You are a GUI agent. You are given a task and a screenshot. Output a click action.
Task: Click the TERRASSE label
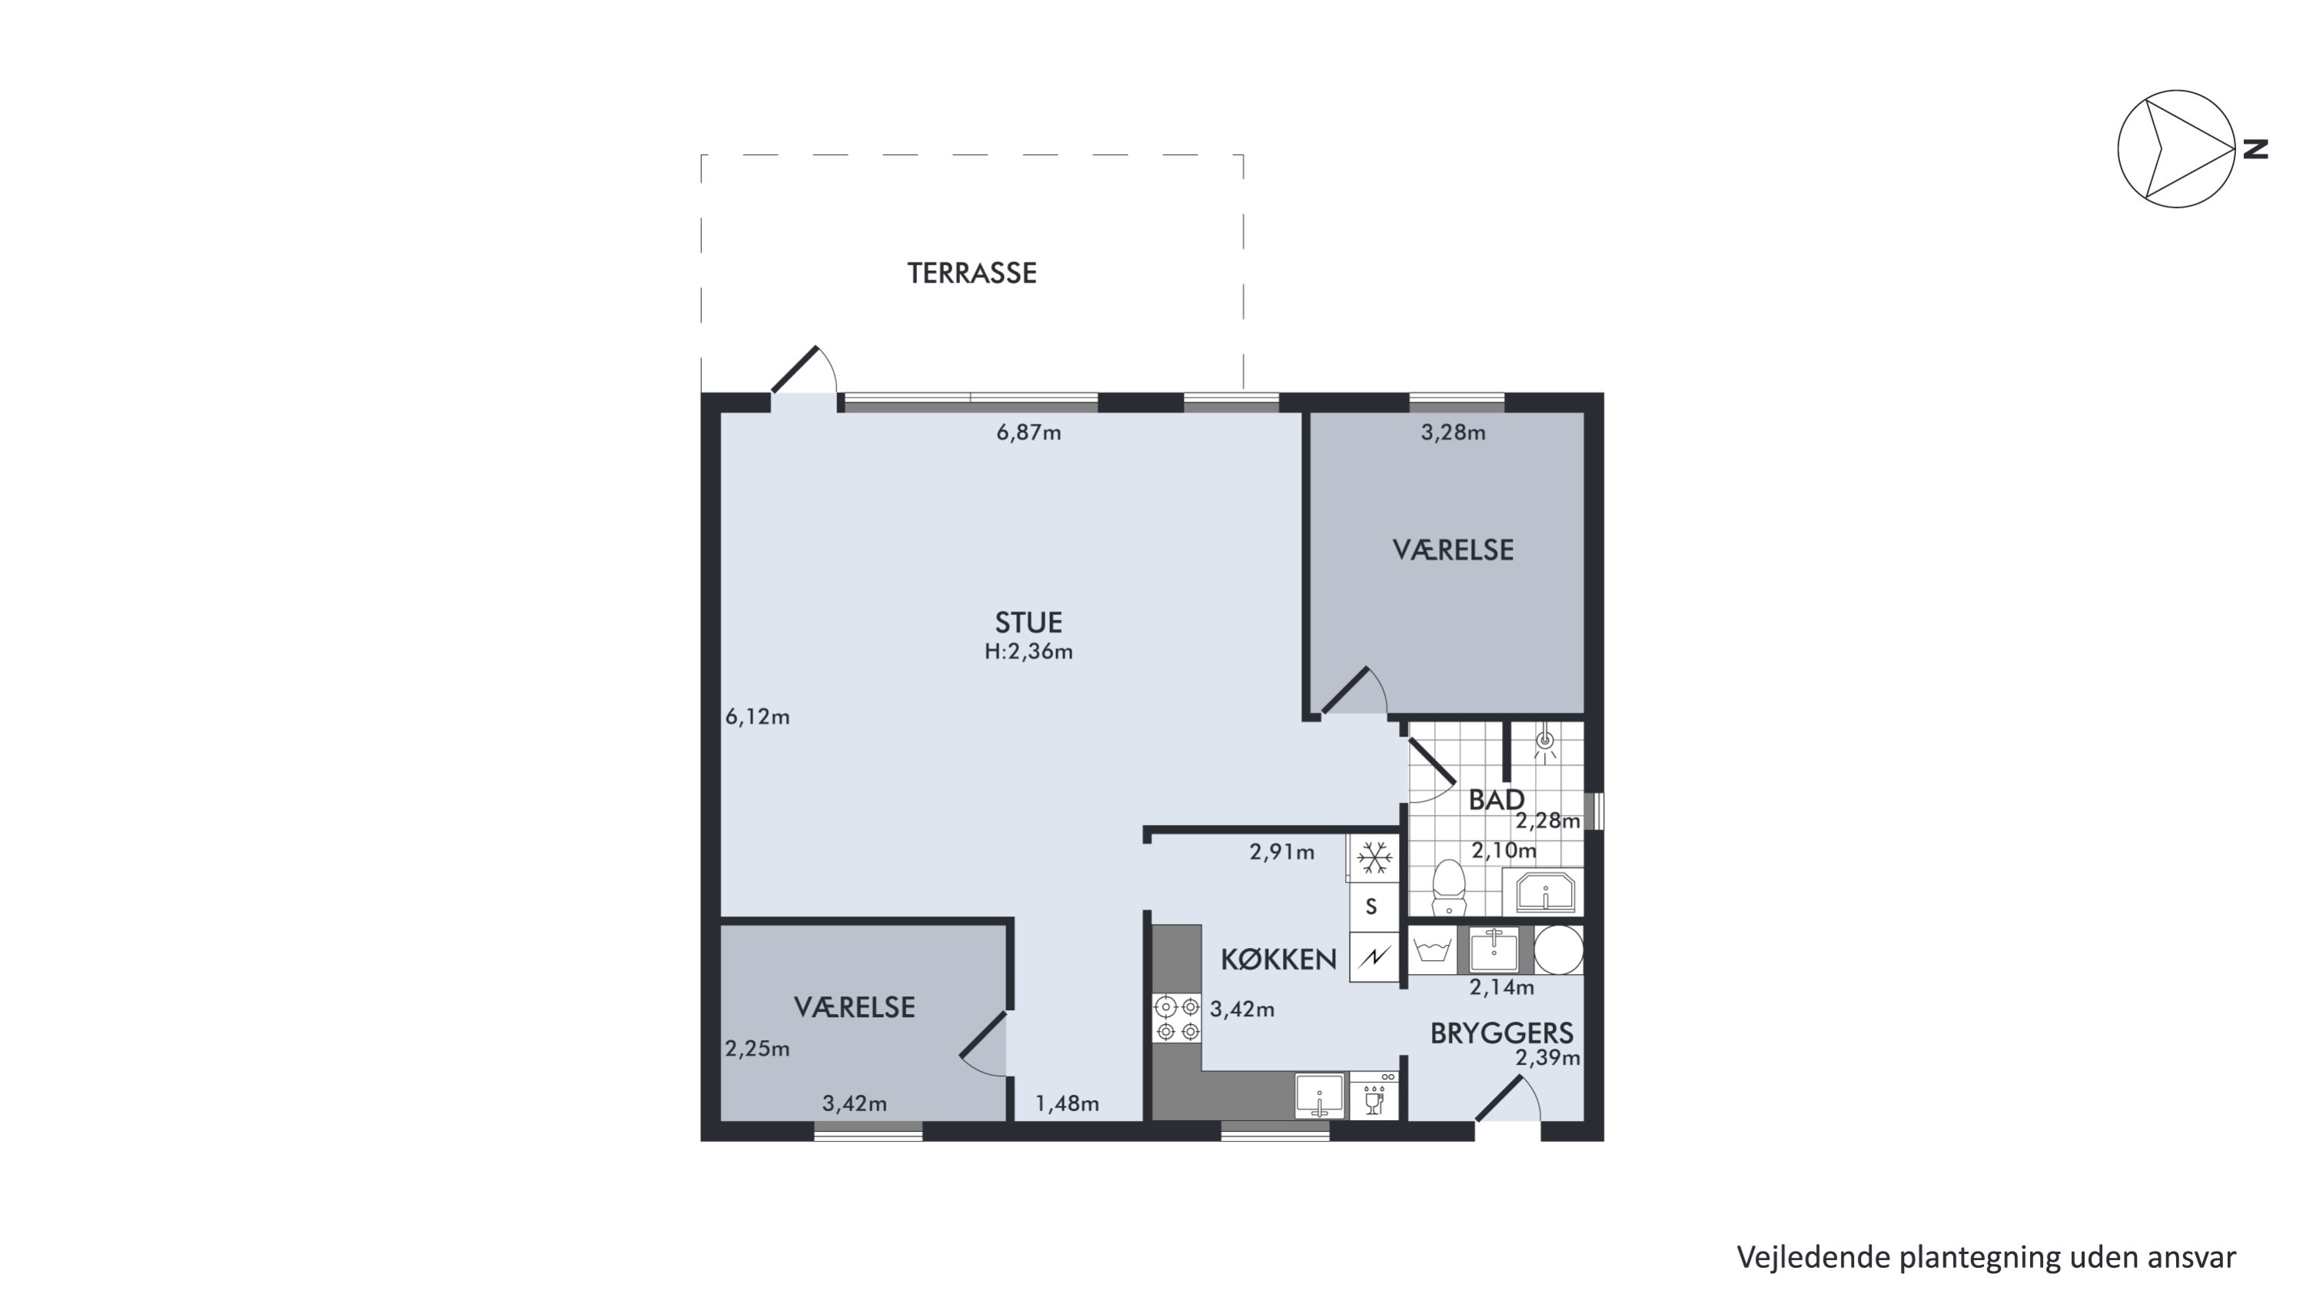click(972, 273)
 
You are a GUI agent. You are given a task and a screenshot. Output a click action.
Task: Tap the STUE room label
click(1028, 622)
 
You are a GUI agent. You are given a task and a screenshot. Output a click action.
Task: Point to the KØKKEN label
click(1278, 959)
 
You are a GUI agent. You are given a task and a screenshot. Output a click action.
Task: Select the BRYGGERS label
click(1501, 1034)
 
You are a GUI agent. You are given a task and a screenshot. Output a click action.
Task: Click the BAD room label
click(1496, 800)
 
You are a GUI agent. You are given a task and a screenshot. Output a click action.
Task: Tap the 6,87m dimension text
click(1028, 433)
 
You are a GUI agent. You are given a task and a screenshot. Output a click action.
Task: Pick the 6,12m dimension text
click(757, 717)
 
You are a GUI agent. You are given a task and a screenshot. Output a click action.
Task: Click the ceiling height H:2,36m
click(1028, 652)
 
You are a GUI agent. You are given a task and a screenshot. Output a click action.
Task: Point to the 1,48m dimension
click(1067, 1104)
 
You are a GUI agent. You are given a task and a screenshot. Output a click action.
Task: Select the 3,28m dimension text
click(1453, 433)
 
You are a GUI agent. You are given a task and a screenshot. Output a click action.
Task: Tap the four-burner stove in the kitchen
click(1177, 1019)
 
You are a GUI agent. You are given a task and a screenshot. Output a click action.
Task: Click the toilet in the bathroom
click(1448, 887)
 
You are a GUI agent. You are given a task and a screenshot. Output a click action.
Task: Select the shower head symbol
click(1544, 745)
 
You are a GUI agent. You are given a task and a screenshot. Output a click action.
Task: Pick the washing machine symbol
click(1431, 949)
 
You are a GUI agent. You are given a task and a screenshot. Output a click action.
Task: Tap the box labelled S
click(1371, 906)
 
